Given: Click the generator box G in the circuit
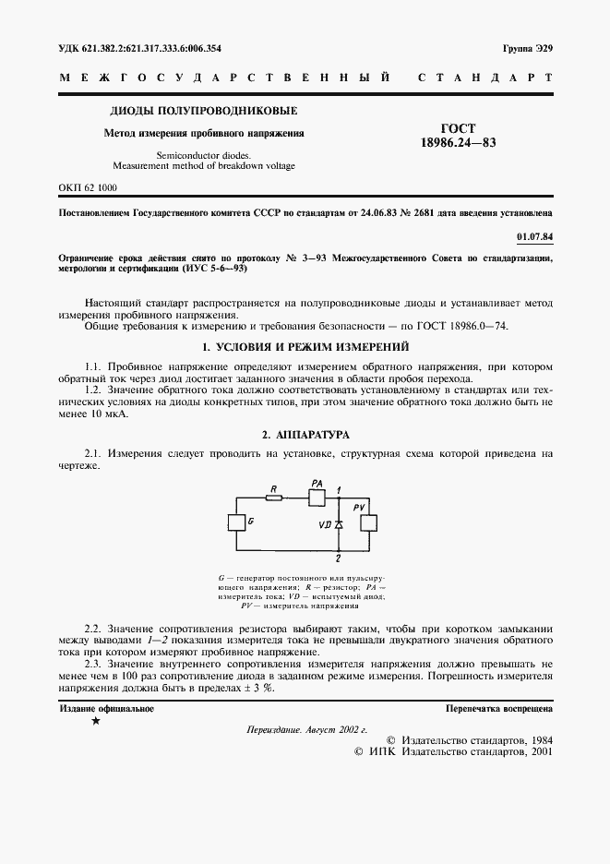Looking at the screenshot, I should [235, 523].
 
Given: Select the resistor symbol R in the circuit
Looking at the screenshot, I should [272, 498].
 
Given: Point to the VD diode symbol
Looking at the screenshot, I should [338, 524].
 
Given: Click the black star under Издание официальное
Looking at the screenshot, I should [97, 722].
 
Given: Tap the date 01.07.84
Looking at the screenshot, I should [533, 237].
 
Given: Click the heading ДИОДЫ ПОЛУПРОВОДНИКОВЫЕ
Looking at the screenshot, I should [204, 112].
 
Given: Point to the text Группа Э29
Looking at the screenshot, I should [527, 47].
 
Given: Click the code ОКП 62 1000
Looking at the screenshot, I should [89, 187].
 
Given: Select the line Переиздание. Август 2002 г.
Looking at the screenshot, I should [305, 729].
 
